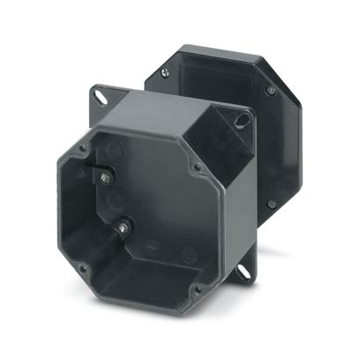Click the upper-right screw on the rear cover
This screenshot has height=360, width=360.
pyautogui.click(x=271, y=90)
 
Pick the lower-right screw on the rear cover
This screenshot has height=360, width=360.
pyautogui.click(x=271, y=204)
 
